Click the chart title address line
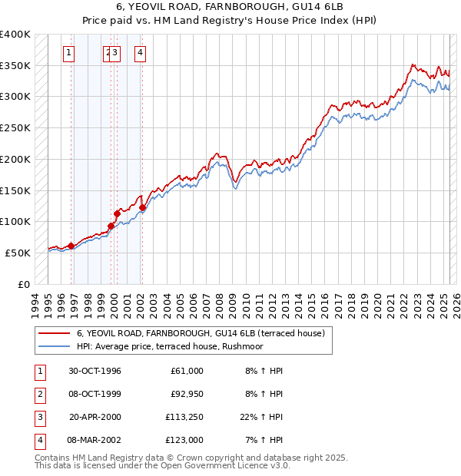tap(230, 8)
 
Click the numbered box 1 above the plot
tap(69, 53)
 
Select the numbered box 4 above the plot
tap(141, 53)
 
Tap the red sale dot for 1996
tap(71, 246)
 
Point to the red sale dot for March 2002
tap(142, 207)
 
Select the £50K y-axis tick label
tap(18, 253)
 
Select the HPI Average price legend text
tap(170, 347)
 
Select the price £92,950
tap(186, 394)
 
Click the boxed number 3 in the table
tap(38, 417)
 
